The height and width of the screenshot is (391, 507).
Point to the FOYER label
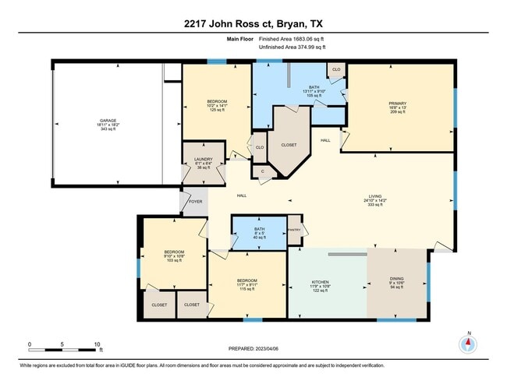195,200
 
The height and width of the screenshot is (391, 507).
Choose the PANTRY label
294,229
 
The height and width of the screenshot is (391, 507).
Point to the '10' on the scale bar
97,343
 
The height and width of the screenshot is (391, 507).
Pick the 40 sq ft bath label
260,237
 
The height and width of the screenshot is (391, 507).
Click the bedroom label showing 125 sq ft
217,110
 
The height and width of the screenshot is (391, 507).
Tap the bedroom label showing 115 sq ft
248,289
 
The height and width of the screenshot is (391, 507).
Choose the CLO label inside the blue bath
336,69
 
